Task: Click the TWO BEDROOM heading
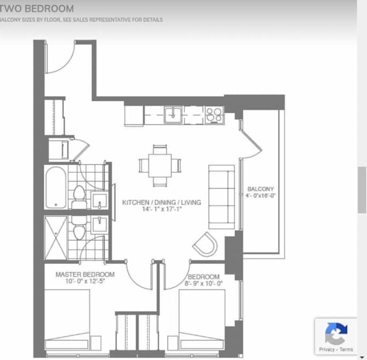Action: point(37,9)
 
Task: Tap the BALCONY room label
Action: point(261,189)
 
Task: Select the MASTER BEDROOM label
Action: point(85,274)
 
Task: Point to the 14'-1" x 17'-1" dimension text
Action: point(162,209)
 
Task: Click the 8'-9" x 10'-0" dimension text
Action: point(203,284)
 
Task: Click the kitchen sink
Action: point(173,115)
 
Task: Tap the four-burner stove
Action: point(215,115)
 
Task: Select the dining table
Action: point(160,165)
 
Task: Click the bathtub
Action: point(56,188)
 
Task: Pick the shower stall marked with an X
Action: point(56,238)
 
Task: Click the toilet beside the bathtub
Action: point(79,197)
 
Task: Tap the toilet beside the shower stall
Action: point(79,228)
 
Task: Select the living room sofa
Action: point(222,197)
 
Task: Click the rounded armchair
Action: point(205,244)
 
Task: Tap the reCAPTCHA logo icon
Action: point(336,334)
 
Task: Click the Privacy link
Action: point(327,350)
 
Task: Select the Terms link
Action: point(346,350)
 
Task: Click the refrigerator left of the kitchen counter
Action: point(134,116)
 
